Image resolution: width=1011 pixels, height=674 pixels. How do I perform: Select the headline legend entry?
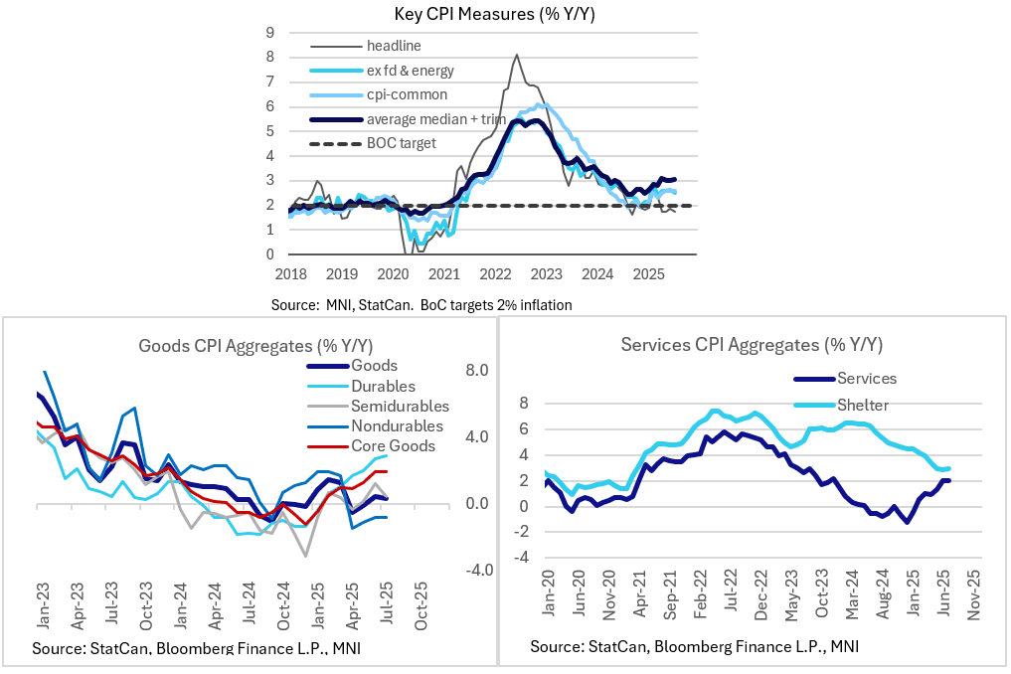click(394, 46)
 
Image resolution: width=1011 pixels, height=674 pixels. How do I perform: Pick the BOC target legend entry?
click(401, 143)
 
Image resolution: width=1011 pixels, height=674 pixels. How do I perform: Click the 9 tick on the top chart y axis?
click(268, 32)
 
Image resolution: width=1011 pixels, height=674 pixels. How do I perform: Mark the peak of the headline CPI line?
click(517, 56)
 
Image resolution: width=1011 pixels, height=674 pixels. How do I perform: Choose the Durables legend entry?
click(383, 386)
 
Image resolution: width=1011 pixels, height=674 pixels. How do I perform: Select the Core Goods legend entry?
click(393, 445)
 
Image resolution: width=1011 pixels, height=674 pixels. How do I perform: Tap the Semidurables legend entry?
click(400, 406)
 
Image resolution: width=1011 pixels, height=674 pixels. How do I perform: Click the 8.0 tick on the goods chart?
click(476, 371)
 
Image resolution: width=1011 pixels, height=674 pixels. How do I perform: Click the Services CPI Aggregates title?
click(753, 345)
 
